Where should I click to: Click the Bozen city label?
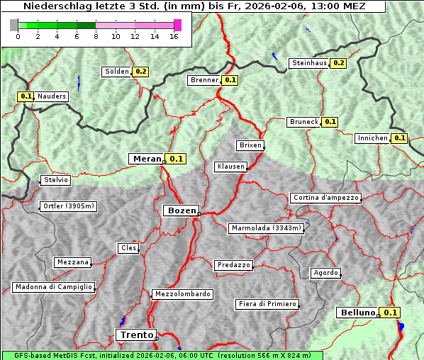181,210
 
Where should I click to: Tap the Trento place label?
135,334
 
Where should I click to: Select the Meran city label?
146,159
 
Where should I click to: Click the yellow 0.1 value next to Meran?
176,159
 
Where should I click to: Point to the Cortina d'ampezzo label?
325,198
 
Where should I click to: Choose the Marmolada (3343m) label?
267,228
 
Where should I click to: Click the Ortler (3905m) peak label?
67,207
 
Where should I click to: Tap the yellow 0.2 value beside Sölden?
141,72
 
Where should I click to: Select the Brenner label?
205,80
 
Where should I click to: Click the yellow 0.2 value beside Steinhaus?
338,63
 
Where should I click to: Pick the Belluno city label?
356,313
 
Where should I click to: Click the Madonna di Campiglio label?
53,287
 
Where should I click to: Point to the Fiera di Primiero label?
267,304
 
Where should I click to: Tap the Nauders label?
52,96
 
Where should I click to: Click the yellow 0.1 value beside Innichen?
400,138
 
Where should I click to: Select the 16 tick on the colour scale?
174,35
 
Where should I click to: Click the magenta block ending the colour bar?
177,25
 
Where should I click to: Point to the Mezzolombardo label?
182,294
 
